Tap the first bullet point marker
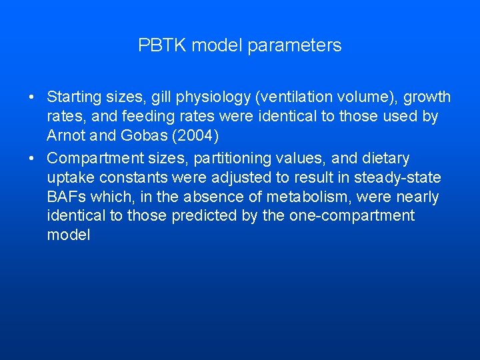(32, 98)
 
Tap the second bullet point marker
(32, 159)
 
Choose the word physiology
(213, 97)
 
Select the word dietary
(387, 159)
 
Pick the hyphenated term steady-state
(398, 178)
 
